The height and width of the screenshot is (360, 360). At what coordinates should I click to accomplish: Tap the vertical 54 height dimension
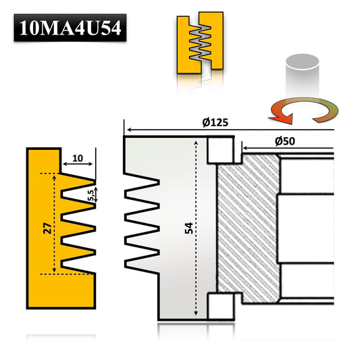[x=188, y=228]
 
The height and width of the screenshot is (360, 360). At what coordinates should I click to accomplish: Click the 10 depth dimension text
[x=77, y=158]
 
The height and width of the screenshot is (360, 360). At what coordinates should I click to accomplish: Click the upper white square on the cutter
[x=219, y=150]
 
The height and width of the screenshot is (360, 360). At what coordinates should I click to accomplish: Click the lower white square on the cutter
[x=219, y=307]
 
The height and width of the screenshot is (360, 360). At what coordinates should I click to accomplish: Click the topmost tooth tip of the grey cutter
[x=159, y=182]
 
